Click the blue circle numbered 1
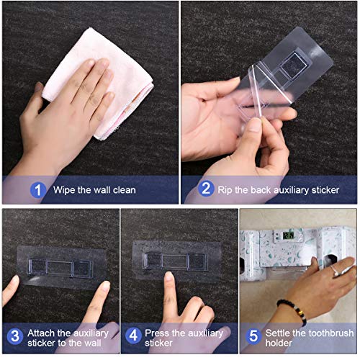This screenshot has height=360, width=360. click(38, 190)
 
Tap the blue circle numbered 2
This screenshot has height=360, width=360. click(206, 189)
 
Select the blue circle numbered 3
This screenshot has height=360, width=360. click(15, 336)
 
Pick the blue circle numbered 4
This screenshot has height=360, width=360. click(133, 336)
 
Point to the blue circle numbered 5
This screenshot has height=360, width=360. click(253, 336)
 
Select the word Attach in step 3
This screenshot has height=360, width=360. click(41, 333)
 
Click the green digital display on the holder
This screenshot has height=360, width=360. click(288, 235)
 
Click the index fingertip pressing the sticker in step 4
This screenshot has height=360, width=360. click(169, 276)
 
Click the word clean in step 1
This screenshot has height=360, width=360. click(125, 190)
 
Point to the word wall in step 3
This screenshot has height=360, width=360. click(92, 343)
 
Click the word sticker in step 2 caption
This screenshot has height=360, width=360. click(325, 190)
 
